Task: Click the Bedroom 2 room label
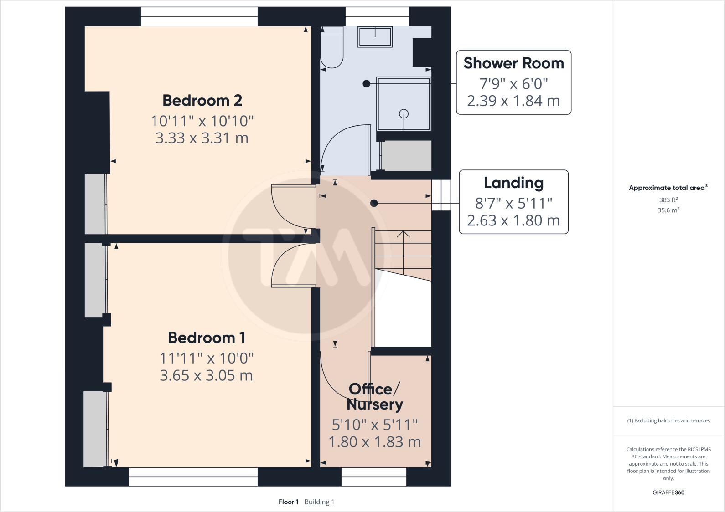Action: (202, 100)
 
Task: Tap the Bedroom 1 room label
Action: (207, 338)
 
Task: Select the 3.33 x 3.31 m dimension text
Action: (202, 138)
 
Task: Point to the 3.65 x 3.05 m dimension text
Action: (206, 375)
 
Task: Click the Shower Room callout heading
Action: (513, 63)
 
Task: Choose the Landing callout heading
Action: (513, 183)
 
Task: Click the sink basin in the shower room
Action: (375, 36)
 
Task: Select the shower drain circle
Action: (404, 113)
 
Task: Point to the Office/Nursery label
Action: (375, 396)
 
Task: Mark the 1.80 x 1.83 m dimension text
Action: (375, 442)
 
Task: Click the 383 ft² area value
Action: (668, 200)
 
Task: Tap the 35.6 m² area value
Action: (668, 210)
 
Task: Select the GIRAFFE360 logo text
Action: (668, 492)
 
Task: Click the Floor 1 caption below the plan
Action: (288, 502)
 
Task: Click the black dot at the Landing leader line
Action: (374, 203)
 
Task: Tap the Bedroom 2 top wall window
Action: (199, 16)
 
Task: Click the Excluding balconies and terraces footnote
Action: (668, 420)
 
